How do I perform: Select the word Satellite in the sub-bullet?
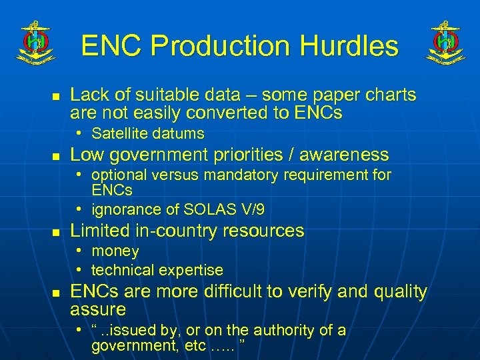pos(121,133)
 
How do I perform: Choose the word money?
pos(115,251)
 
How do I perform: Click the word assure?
pos(98,309)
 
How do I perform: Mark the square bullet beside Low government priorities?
pos(57,156)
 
